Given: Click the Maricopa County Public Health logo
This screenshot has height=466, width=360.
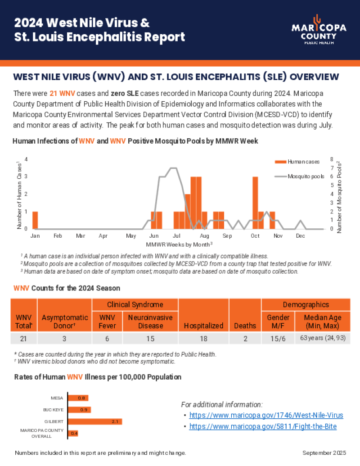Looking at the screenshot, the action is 319,30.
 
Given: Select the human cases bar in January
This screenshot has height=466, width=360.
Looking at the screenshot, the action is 35,220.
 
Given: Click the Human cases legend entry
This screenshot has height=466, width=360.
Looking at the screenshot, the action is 297,162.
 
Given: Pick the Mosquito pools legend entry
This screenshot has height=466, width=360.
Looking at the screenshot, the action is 299,176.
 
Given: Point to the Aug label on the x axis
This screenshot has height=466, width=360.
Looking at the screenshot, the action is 204,235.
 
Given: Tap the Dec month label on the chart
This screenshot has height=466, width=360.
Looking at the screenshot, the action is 300,235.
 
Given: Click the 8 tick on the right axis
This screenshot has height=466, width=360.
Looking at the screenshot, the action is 332,159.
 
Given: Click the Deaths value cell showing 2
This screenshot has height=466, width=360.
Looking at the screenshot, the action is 245,339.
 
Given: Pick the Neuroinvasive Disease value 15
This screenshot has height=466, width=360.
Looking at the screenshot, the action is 150,339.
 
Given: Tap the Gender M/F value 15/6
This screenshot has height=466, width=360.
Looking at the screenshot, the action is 278,339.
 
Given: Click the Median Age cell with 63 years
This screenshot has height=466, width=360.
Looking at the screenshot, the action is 323,338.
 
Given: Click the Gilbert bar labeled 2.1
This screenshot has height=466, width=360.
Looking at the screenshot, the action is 95,421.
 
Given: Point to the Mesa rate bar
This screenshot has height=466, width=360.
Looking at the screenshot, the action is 78,398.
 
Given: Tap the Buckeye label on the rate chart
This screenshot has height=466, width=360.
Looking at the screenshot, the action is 54,410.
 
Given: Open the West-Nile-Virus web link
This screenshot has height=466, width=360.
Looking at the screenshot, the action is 266,415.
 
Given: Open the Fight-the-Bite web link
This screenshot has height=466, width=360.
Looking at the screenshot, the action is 263,426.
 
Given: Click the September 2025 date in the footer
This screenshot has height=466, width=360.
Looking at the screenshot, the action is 324,452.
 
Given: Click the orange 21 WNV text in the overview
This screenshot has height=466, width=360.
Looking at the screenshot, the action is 62,93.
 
